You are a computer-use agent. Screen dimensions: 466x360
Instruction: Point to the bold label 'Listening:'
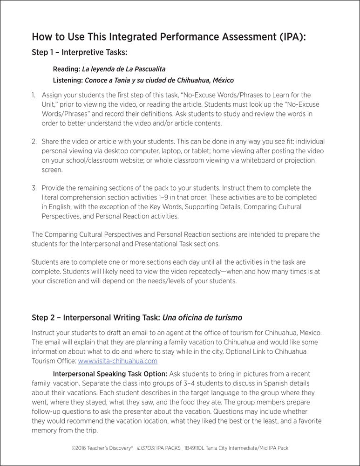pos(68,80)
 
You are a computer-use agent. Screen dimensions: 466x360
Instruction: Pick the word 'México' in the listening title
pos(221,80)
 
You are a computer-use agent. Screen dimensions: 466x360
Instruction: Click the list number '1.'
pos(34,95)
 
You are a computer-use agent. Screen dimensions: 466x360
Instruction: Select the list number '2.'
pos(34,141)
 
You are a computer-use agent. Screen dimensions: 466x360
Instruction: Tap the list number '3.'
pos(34,188)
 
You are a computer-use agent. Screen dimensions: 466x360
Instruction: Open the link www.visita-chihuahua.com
pos(118,361)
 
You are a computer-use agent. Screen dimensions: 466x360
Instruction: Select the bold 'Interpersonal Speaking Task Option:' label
pos(110,374)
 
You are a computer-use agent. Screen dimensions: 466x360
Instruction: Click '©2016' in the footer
pos(80,447)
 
